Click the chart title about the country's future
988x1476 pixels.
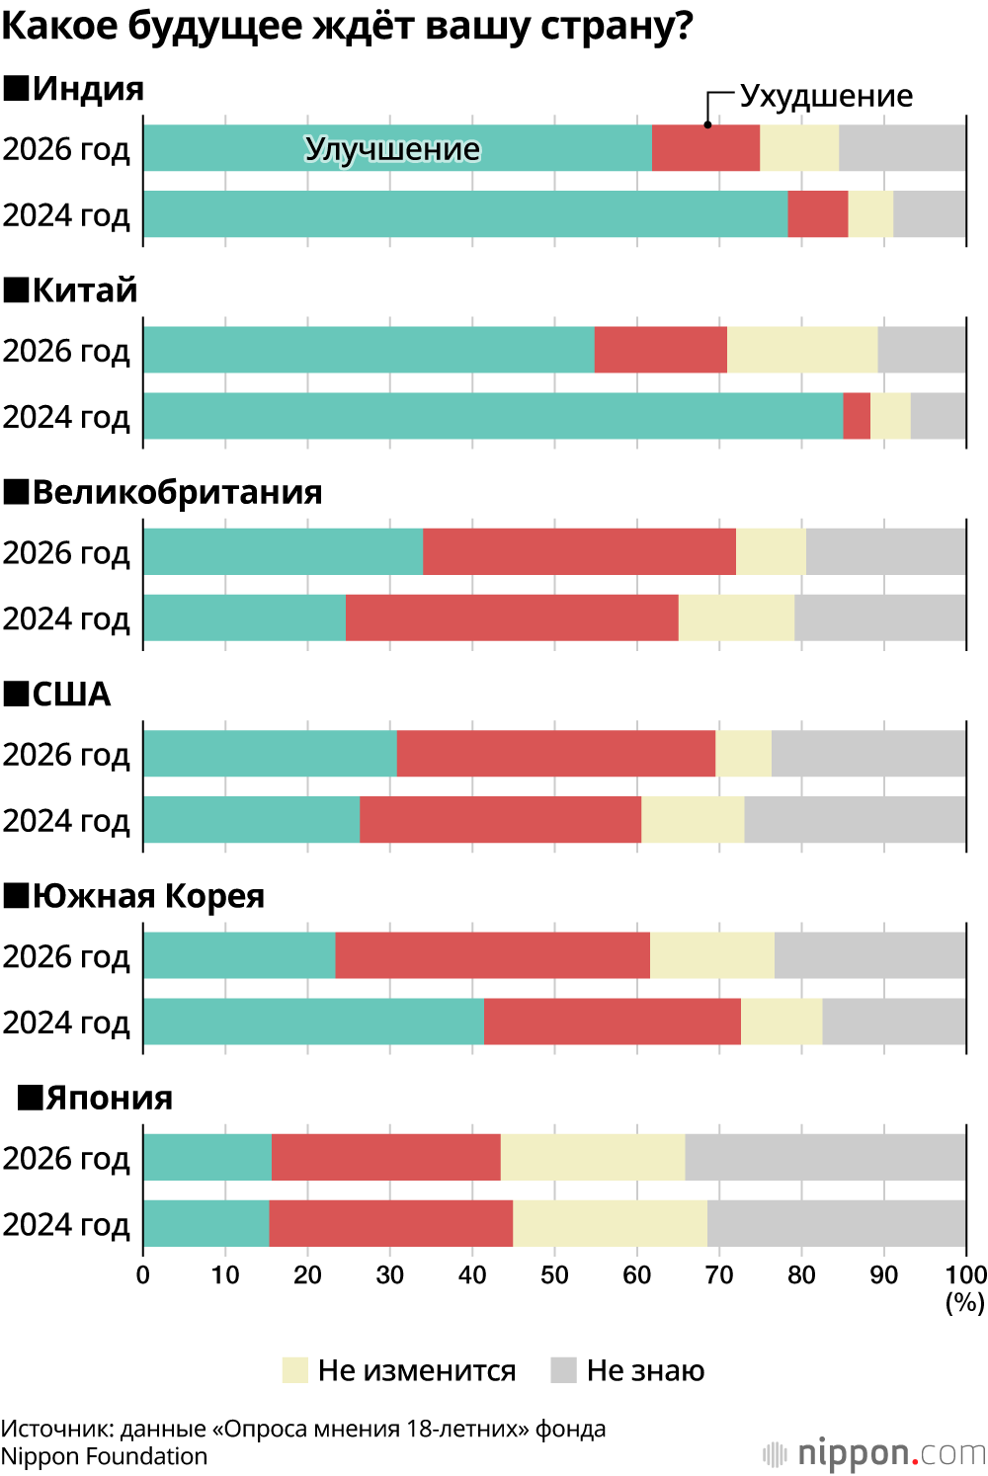347,26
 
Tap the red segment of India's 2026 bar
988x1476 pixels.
705,148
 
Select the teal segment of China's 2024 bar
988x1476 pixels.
492,416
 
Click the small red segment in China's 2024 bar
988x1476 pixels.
857,416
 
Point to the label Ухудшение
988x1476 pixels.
826,96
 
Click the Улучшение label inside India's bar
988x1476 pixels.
392,148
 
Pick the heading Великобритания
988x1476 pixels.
177,492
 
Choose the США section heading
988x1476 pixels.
71,694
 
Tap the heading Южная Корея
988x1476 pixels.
148,896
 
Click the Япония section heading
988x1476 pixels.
109,1098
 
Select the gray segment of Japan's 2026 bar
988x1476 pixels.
825,1157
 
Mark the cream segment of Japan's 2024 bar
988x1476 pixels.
610,1223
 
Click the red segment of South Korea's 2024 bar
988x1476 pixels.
613,1022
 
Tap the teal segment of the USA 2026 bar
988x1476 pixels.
270,753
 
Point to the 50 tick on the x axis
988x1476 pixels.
554,1275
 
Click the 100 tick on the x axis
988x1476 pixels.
966,1275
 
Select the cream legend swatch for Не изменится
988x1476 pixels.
295,1370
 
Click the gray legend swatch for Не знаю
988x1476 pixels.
563,1370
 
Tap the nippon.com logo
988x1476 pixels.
875,1453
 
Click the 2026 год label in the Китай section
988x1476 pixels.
66,351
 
